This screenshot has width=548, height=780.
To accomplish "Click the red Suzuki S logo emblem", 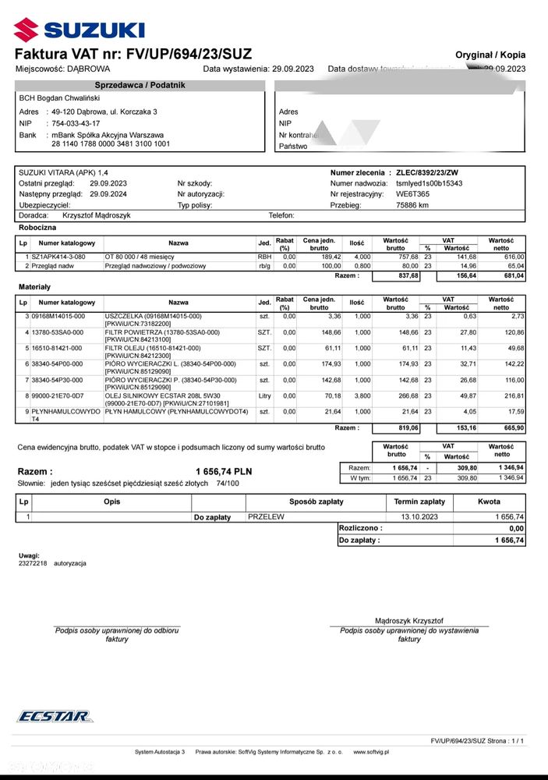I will click(x=25, y=30).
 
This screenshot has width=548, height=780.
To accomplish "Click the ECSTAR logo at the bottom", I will click(x=54, y=716).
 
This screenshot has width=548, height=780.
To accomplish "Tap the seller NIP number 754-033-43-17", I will click(x=76, y=123).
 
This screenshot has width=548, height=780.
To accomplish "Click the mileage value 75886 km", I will click(x=412, y=204).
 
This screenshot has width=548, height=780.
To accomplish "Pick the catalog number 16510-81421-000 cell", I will click(x=58, y=347).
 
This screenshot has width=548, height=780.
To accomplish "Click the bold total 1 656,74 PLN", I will click(x=224, y=472).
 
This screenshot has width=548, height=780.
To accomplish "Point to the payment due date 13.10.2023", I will click(x=420, y=516).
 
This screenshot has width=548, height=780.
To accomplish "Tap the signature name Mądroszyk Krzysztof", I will click(x=408, y=620).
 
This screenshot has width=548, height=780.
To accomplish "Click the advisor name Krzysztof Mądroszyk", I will click(x=96, y=215).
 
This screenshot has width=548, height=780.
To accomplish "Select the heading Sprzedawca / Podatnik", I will click(x=140, y=85).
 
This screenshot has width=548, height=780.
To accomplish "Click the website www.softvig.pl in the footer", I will click(x=371, y=752).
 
